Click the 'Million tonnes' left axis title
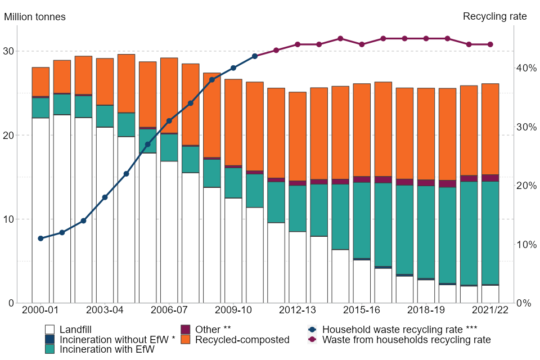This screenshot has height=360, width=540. click(35, 17)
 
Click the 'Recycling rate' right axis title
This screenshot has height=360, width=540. click(494, 17)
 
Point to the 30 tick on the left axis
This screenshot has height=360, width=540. click(8, 51)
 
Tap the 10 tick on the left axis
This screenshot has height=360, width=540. click(8, 219)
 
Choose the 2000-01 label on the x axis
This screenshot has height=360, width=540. click(40, 310)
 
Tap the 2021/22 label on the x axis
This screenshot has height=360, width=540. click(490, 310)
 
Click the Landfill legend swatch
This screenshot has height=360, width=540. click(49, 330)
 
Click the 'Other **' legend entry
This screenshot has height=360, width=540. click(213, 330)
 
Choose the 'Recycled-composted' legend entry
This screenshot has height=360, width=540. click(242, 340)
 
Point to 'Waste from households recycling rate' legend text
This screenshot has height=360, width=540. click(406, 340)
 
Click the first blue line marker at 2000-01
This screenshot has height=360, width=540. click(40, 238)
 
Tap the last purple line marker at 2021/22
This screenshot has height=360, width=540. click(490, 44)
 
